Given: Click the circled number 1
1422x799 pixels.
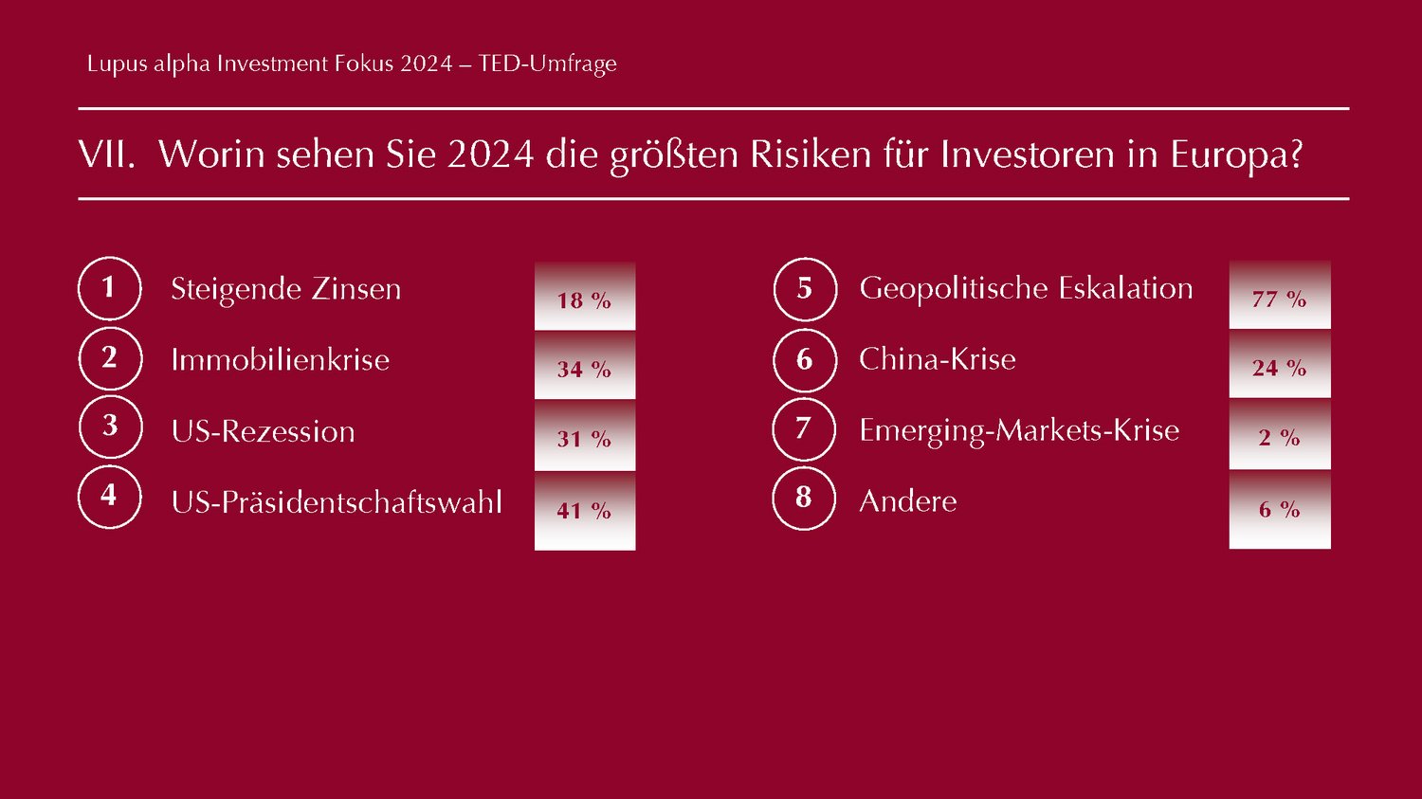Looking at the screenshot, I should [x=109, y=288].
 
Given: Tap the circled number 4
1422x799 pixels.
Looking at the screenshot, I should [x=109, y=497].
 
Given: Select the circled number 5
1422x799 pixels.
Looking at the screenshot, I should [x=805, y=289].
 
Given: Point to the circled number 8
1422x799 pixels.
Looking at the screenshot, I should [x=804, y=498].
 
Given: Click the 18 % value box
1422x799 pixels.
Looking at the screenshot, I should [x=585, y=298].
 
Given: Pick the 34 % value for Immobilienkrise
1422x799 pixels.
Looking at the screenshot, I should [x=585, y=367].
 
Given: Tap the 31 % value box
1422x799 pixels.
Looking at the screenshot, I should [x=585, y=437].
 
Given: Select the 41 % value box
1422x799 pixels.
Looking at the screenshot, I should [x=585, y=510].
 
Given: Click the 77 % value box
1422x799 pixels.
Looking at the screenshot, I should [x=1280, y=297].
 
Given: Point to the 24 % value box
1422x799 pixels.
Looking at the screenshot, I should [x=1280, y=365].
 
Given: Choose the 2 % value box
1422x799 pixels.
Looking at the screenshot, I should [x=1280, y=435].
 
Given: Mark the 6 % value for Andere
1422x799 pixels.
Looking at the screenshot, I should [x=1280, y=508].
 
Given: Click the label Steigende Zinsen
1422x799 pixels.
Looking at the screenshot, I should [x=285, y=289].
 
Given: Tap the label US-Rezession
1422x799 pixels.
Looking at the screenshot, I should [x=264, y=431].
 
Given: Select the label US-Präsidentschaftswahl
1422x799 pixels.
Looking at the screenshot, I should [x=337, y=502].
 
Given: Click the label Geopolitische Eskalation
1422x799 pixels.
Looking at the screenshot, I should [x=1026, y=288].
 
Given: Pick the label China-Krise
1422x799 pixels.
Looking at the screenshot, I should [x=937, y=359].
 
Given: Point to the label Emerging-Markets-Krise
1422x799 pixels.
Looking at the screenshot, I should [x=1019, y=430].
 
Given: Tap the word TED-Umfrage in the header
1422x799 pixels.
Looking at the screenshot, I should [x=547, y=64].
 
